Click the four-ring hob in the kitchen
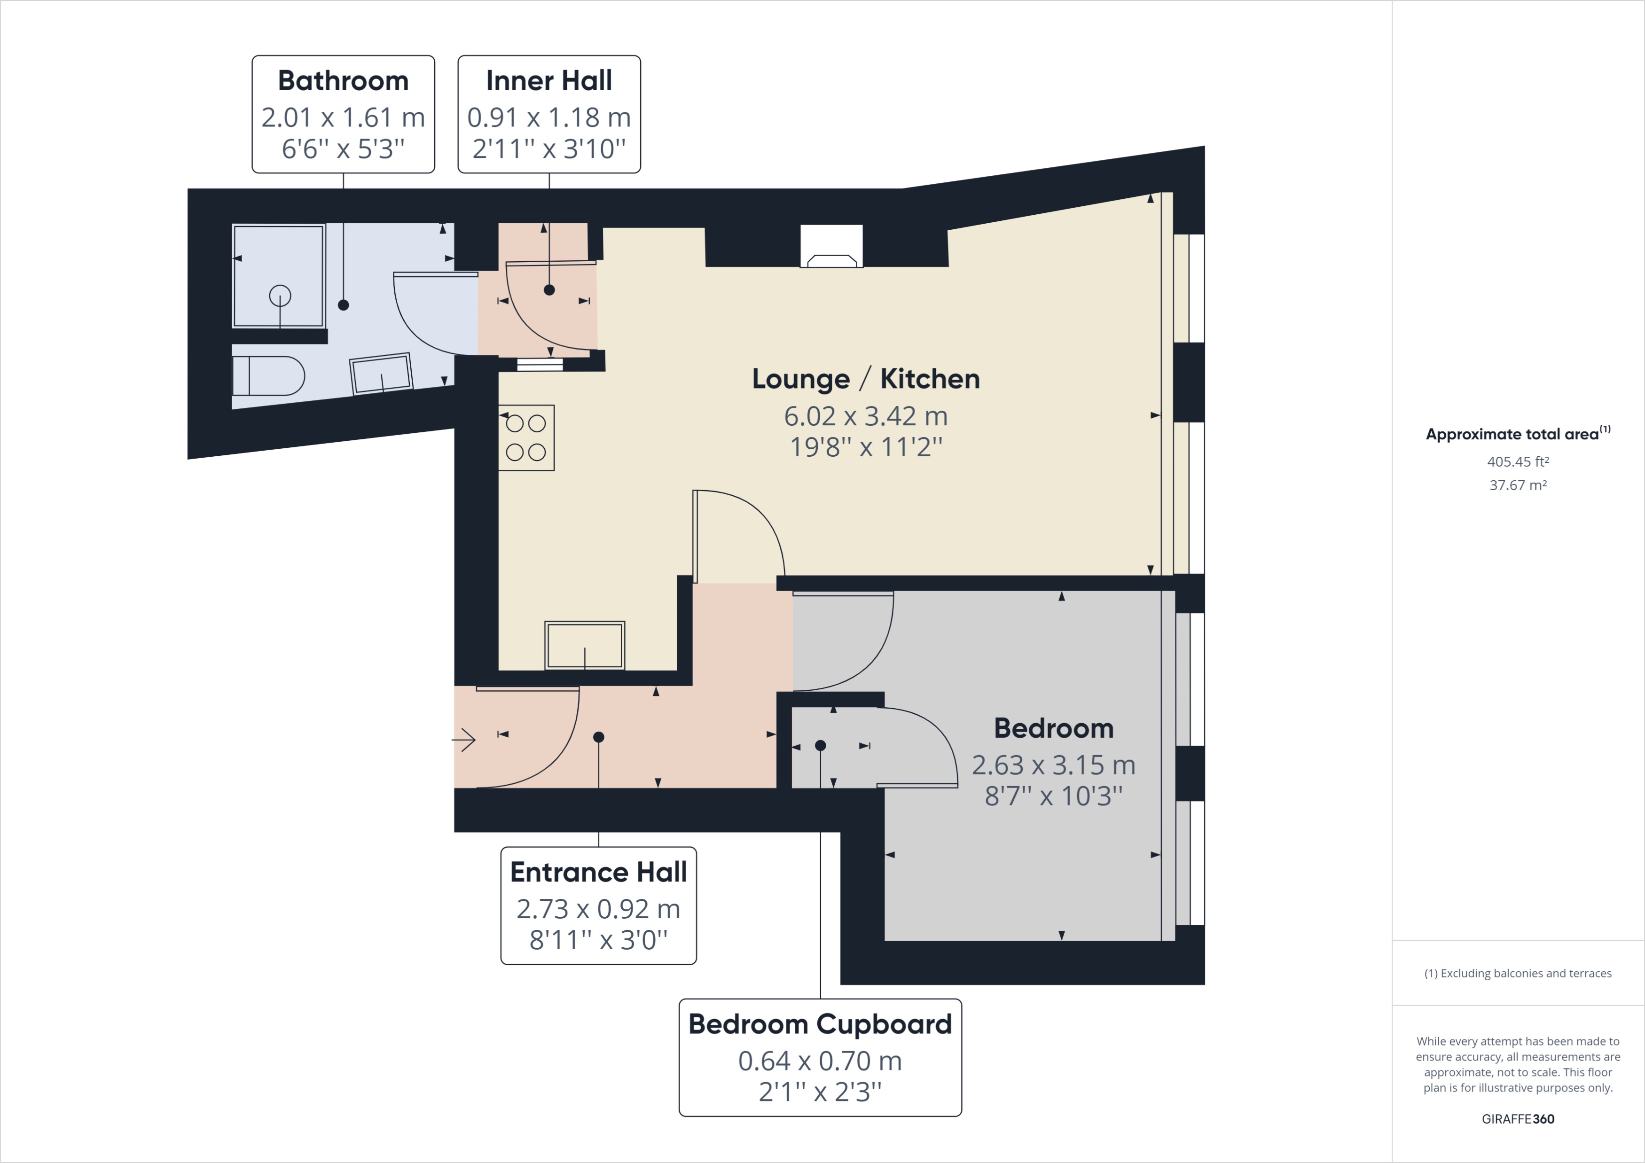point(526,437)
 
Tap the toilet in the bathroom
point(268,376)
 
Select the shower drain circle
point(280,295)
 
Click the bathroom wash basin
point(382,372)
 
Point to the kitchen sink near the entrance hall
point(585,645)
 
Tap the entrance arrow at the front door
point(464,739)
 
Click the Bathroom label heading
point(343,81)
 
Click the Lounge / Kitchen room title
point(865,379)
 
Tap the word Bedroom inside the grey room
point(1053,728)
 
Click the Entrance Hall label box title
point(598,872)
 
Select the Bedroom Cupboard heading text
point(820,1024)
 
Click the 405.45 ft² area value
point(1518,462)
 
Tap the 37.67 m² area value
point(1518,485)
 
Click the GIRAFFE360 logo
point(1518,1119)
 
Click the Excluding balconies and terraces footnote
point(1518,973)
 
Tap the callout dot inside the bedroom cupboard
point(820,745)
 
